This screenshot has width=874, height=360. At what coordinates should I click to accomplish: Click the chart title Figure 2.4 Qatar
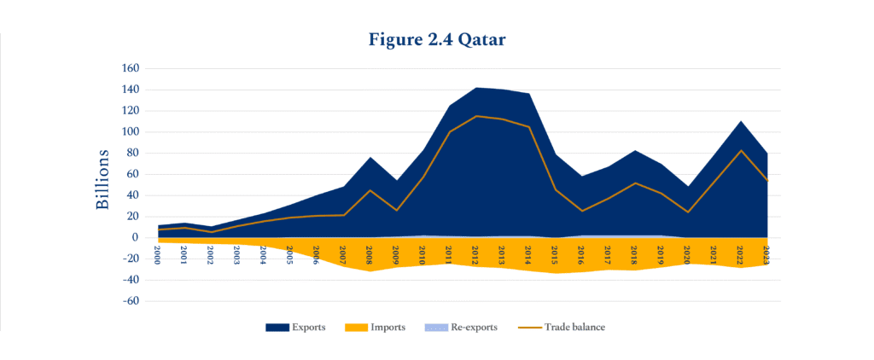pos(437,39)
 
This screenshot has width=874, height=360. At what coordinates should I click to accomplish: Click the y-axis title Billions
pos(102,179)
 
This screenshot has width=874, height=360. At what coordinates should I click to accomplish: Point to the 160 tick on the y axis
pos(130,68)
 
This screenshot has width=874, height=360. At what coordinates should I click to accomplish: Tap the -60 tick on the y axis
pos(130,301)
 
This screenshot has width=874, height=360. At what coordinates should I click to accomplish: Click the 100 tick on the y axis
pos(130,132)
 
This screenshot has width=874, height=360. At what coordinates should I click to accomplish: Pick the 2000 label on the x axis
pos(158,255)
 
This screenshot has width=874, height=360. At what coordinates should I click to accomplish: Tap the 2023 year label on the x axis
pos(766,255)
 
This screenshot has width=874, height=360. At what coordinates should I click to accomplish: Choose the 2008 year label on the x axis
pos(370,255)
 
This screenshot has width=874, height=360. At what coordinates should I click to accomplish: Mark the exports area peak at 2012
pos(475,87)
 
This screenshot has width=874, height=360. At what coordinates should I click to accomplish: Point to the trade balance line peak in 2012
pos(475,116)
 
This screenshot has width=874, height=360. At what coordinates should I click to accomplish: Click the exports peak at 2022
pos(740,121)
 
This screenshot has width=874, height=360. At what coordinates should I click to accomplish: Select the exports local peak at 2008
pos(370,158)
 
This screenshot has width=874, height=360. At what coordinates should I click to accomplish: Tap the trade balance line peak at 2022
pos(740,150)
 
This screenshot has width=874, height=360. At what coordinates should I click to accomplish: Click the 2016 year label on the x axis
pos(581,255)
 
